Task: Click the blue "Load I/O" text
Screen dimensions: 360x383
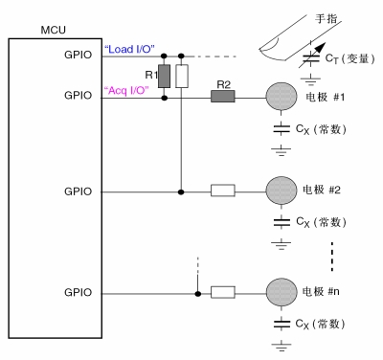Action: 128,49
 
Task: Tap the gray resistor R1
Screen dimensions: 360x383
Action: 165,75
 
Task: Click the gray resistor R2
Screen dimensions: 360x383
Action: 222,97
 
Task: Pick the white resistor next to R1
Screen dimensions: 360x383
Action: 182,75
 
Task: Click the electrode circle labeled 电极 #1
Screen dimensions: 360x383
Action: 281,98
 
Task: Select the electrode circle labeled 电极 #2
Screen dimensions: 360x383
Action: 281,191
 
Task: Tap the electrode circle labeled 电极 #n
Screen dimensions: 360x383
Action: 281,291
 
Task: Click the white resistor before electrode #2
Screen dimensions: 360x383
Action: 222,191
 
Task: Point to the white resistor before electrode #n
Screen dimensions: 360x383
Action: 222,291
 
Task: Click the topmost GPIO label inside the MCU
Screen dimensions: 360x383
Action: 78,55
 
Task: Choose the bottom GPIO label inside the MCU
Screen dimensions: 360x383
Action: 78,291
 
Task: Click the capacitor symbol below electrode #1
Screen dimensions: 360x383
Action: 281,127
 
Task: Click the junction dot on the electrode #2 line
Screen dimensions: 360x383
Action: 182,191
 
